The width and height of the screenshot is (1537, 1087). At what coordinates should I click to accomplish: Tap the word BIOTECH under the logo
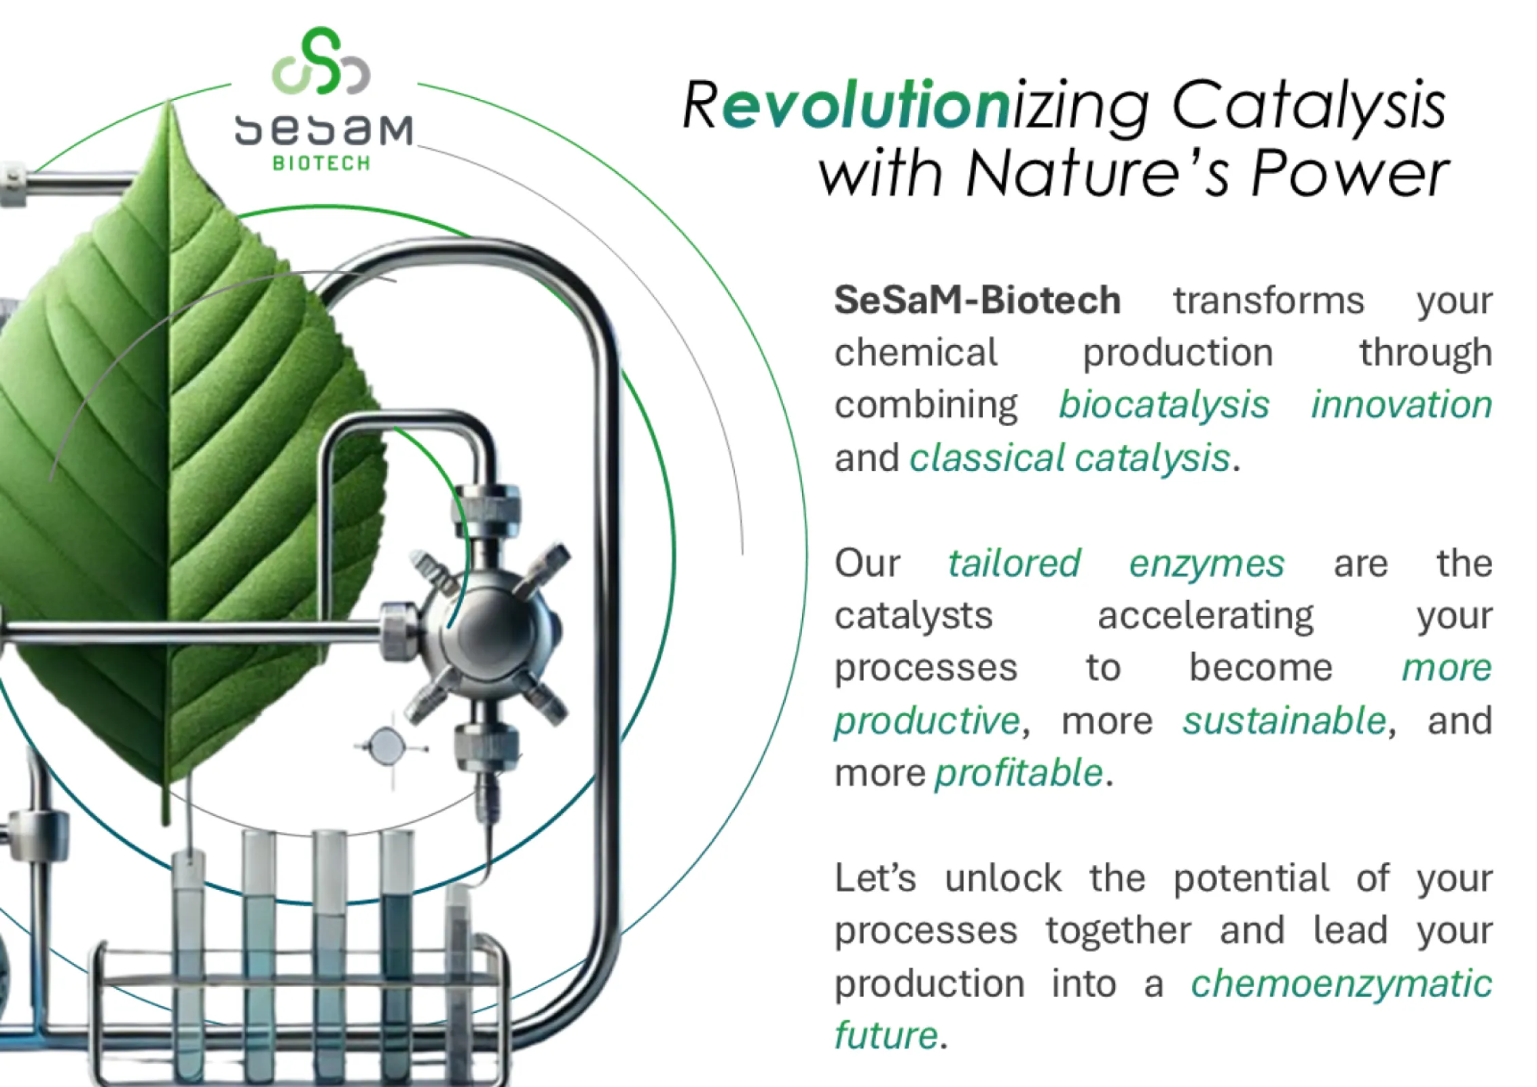(321, 164)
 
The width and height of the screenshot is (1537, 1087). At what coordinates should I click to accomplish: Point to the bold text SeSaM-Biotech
(977, 300)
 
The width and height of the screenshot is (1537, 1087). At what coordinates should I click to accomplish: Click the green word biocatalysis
(1164, 405)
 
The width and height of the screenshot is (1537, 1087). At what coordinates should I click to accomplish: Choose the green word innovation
(1402, 404)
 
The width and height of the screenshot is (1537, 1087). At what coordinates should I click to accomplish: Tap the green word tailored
(1014, 563)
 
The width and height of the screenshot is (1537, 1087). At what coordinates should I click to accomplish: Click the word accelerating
(1206, 617)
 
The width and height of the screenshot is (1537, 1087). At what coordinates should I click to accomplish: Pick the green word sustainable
(1284, 721)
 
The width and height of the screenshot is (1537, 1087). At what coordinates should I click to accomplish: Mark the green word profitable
(1019, 774)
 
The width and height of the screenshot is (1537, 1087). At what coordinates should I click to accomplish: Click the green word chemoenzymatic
(1341, 984)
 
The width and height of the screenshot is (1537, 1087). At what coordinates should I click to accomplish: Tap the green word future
(886, 1035)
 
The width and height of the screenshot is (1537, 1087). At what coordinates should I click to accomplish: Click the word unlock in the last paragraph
(1003, 878)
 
